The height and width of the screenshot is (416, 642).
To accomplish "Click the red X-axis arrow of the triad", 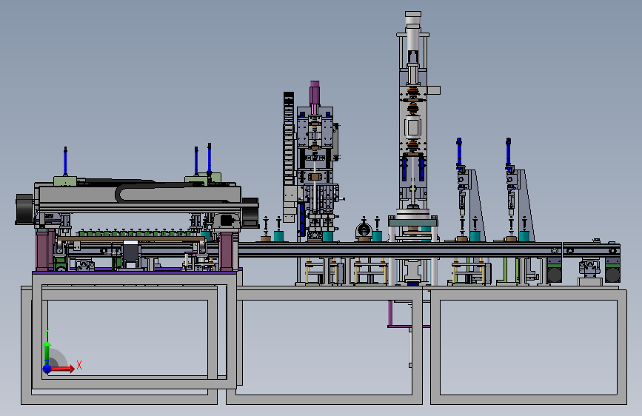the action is point(61,369).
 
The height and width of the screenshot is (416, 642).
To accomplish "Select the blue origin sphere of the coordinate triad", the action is point(47,369).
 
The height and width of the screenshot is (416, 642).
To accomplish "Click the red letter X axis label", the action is point(79,365).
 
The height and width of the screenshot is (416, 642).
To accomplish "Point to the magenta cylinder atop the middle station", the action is point(315,97).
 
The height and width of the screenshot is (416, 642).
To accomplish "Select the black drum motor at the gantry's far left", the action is point(24,209).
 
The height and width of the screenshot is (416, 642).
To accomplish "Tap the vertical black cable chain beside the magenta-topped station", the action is point(289,139).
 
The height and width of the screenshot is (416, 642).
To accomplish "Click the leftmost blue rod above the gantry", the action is point(65,161).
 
